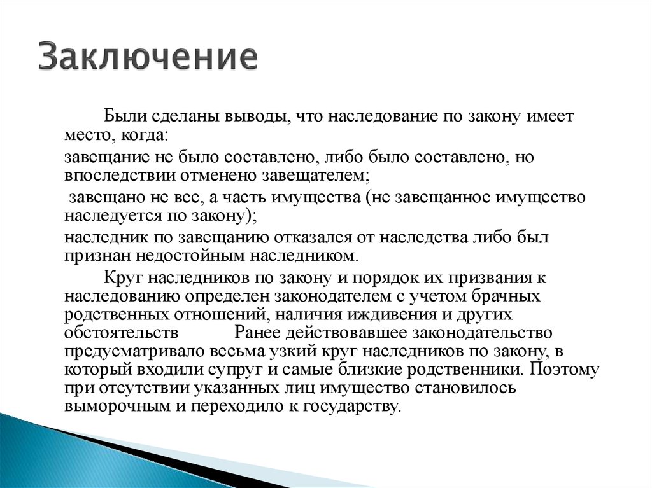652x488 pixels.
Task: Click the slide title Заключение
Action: click(x=148, y=56)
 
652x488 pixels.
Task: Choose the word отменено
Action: click(x=219, y=176)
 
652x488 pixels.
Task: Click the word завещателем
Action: click(x=315, y=176)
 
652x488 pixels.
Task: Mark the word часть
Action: click(x=244, y=197)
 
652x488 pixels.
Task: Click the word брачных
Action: click(x=504, y=296)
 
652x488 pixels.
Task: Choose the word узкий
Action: click(x=293, y=352)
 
